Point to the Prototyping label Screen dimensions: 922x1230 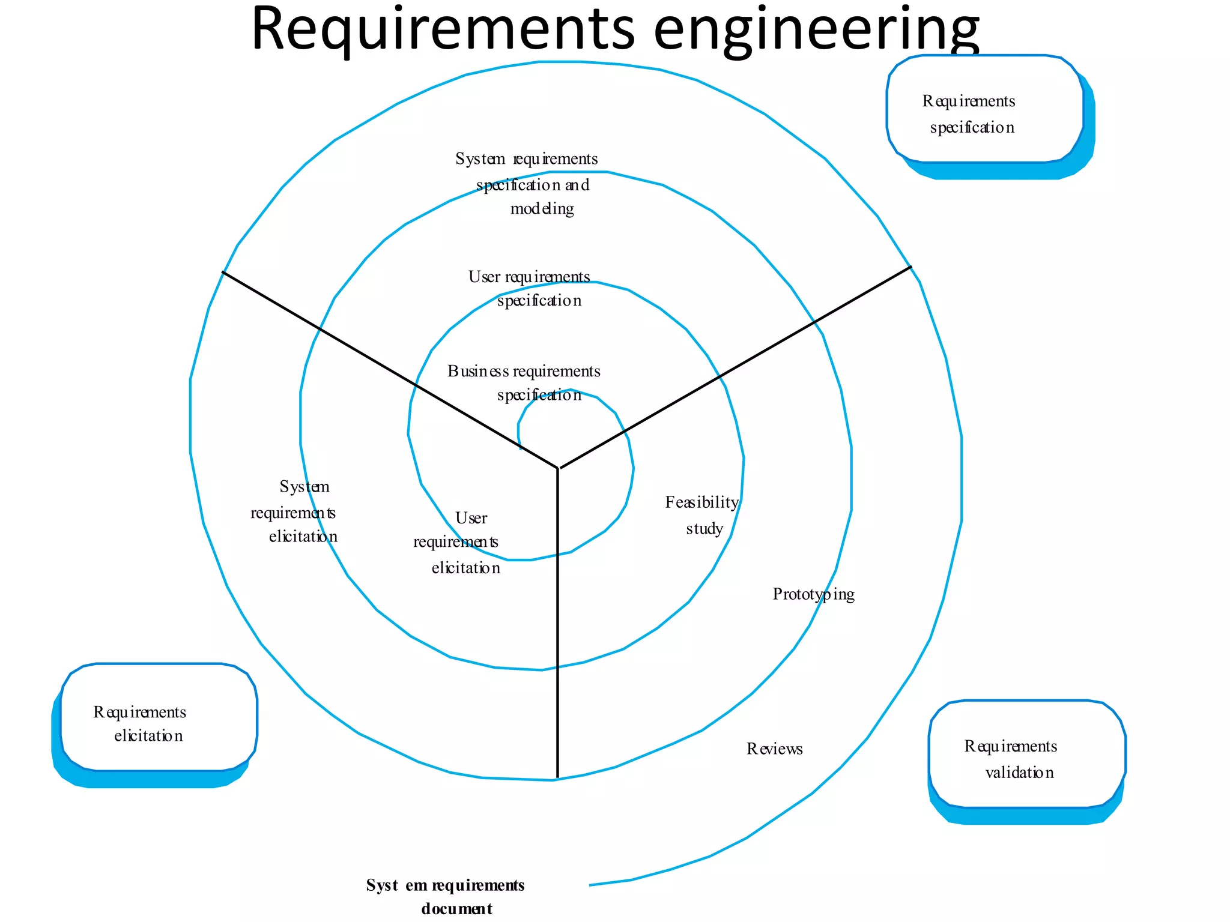813,594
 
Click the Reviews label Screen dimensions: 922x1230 774,749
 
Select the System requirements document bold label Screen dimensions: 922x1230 445,896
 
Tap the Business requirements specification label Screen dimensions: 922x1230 524,383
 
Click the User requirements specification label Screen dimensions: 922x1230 529,288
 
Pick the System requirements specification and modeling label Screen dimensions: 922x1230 526,184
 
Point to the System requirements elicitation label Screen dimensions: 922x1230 294,512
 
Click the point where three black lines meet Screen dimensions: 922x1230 558,468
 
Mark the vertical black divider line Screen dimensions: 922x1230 558,630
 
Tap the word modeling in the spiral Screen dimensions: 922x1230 542,209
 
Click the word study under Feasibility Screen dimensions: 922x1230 704,529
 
